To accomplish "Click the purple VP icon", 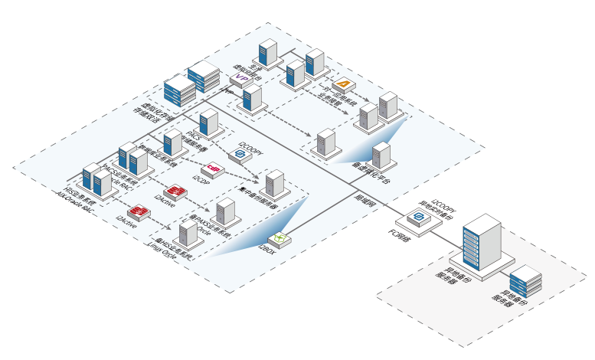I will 241,77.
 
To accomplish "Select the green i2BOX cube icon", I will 279,241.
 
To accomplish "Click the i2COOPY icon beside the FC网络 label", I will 420,218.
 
